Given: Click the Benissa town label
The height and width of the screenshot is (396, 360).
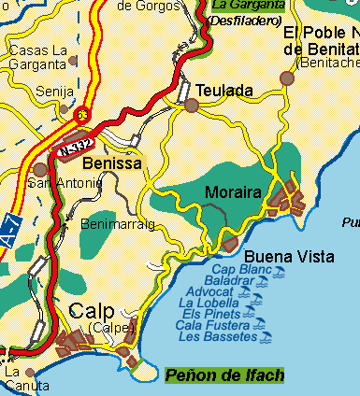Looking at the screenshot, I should [111, 163].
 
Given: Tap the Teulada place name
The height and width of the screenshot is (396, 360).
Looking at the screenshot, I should [224, 91].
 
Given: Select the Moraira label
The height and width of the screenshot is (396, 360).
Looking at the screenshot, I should [232, 192].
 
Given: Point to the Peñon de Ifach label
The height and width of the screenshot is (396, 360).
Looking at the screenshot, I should [223, 375].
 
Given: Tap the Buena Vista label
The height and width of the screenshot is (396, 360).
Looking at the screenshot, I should [276, 255].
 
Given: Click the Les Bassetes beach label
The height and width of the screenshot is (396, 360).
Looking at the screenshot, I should [216, 336].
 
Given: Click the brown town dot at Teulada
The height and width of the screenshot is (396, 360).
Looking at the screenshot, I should [192, 106].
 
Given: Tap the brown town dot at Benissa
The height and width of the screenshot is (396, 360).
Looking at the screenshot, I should [40, 170].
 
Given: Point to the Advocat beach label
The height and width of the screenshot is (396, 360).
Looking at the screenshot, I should [209, 292].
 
